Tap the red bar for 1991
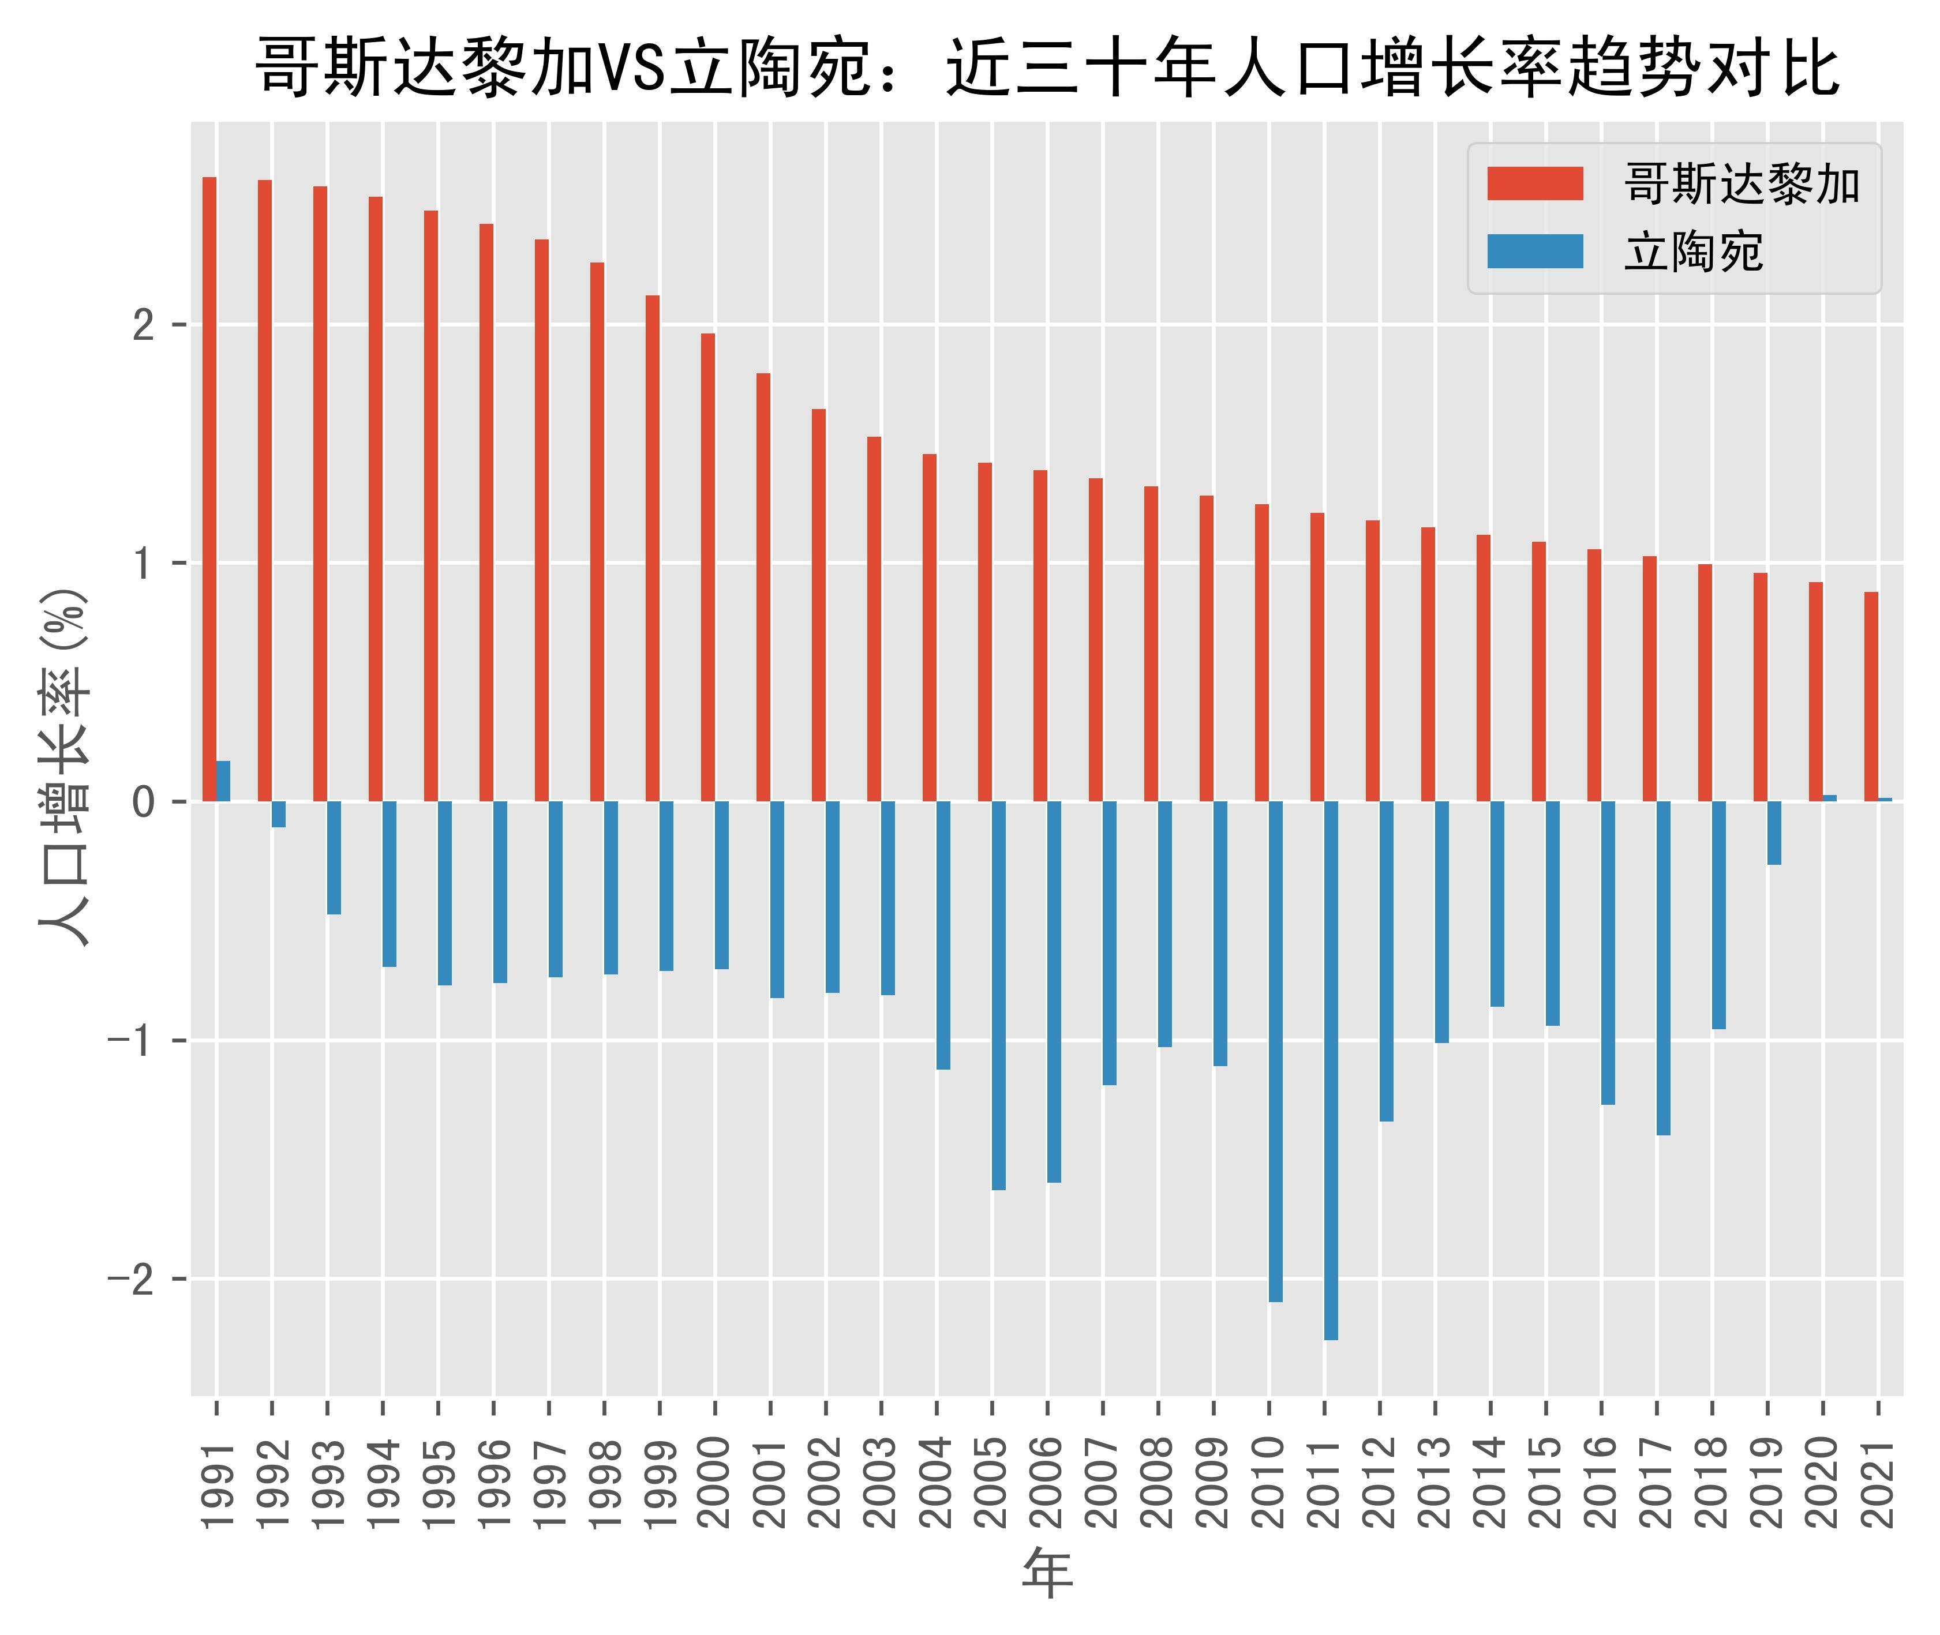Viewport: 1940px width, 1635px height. (209, 489)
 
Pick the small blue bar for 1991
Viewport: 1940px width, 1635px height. (223, 781)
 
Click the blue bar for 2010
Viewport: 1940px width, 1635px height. (1275, 1051)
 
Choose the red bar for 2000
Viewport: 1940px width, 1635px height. (707, 567)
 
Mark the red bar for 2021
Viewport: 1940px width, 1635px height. (1871, 696)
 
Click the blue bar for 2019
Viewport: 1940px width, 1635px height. (1774, 832)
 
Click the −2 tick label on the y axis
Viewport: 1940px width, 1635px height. (133, 1279)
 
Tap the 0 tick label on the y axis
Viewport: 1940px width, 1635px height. (144, 802)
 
